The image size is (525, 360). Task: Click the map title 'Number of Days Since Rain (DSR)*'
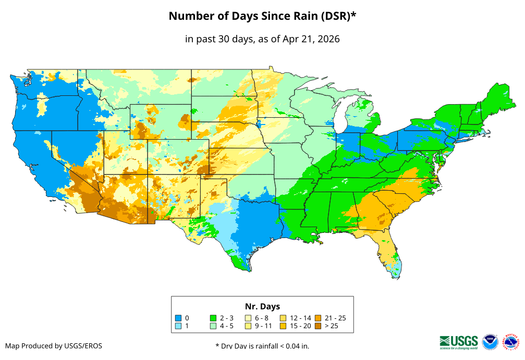point(262,16)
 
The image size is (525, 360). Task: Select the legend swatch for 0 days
point(178,318)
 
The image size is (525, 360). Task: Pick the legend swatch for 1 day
point(178,326)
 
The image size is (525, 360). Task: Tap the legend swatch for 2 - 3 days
point(213,318)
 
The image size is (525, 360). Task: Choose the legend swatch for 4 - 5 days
point(213,326)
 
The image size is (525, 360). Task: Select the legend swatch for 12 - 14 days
point(283,318)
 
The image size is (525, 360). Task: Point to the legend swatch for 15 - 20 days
point(283,326)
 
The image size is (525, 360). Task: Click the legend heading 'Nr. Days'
point(262,306)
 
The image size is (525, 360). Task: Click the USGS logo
point(459,341)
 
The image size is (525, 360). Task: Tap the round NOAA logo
point(490,342)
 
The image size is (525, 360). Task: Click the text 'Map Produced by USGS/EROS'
point(54,346)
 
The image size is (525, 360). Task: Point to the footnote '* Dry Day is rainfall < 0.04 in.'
point(262,346)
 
